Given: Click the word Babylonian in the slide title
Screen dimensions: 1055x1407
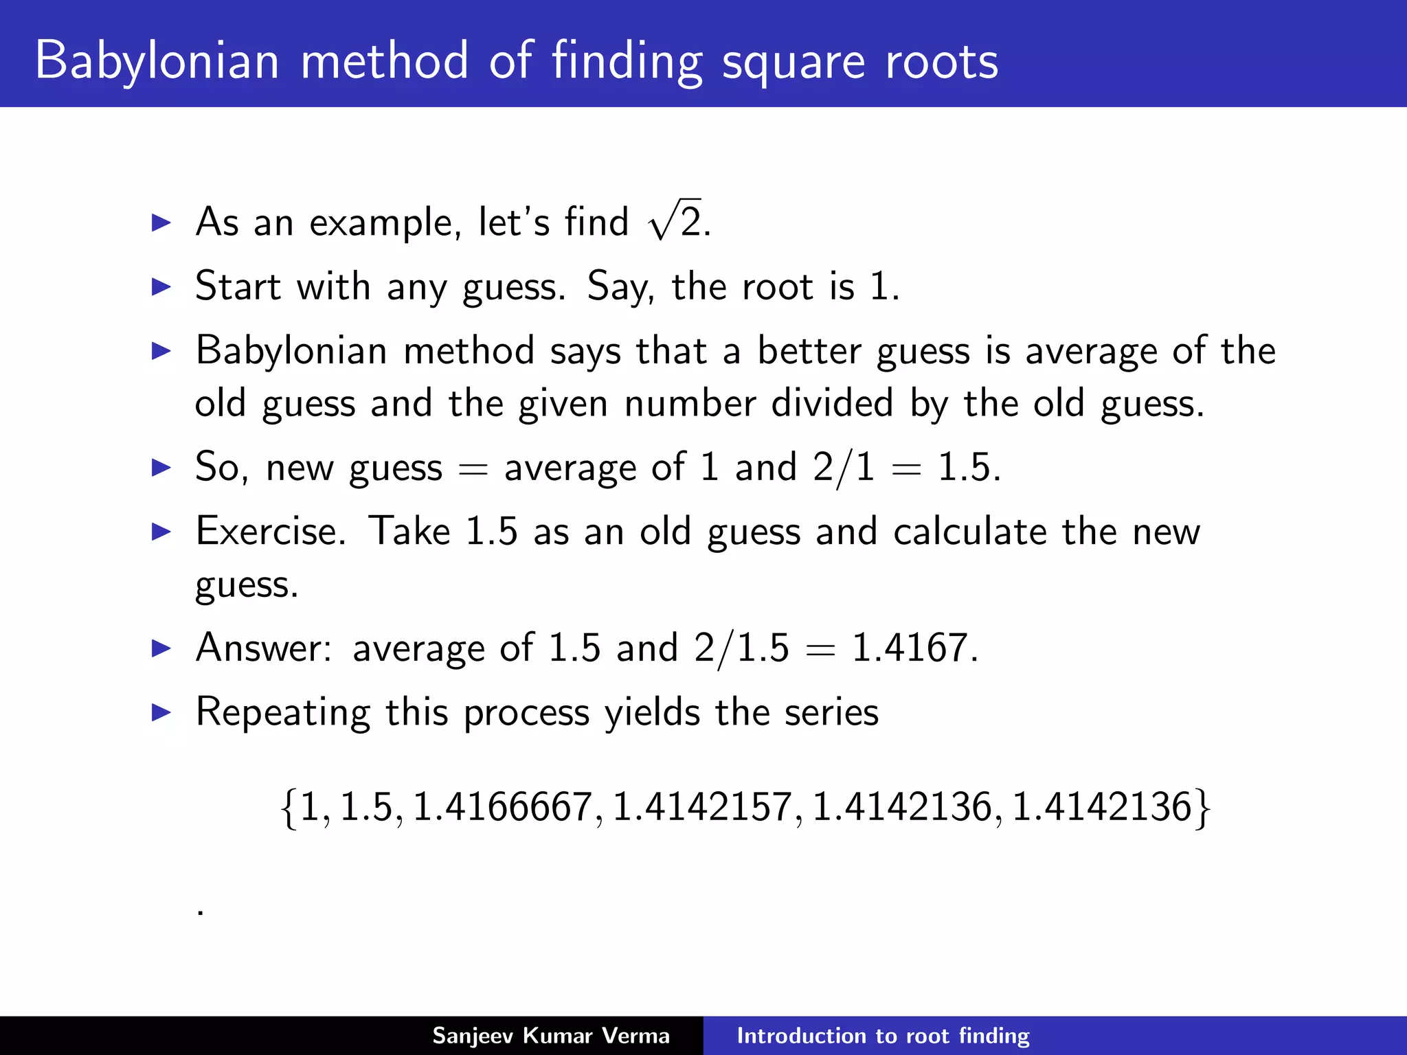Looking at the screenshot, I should coord(157,62).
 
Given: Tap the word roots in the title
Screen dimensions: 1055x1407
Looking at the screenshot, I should coord(941,62).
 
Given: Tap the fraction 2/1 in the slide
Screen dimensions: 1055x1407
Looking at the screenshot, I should coord(844,468).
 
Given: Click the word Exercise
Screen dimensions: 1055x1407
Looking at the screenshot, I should coord(271,531).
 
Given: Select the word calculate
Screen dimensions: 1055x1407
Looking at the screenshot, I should coord(970,532).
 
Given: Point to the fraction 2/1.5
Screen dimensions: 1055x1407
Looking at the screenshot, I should coord(741,648).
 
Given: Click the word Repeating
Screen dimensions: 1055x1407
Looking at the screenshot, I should coord(282,712).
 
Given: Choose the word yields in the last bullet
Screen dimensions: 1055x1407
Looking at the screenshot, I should coord(652,712).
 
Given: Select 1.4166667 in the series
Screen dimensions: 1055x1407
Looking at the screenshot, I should coord(502,806).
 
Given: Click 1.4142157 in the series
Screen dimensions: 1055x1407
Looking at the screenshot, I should coord(702,806).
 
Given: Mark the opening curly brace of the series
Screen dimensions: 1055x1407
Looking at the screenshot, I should coord(289,808).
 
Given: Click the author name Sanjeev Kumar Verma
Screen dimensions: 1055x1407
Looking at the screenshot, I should coord(550,1036).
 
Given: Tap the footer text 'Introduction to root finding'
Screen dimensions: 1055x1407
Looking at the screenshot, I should coord(883,1036).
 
